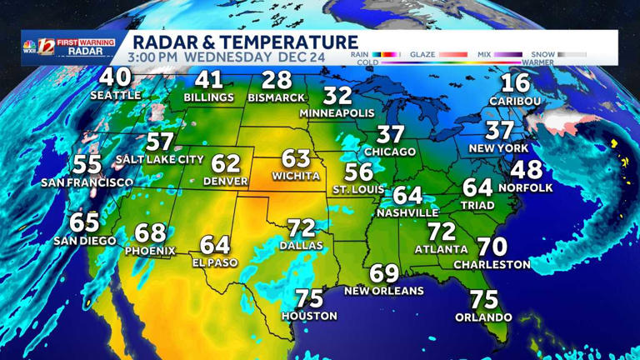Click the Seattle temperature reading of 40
tap(116, 77)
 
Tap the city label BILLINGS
tap(209, 97)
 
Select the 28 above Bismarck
tap(276, 81)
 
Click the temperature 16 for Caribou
tap(516, 83)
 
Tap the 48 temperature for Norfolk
tap(526, 170)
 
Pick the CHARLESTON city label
tap(492, 264)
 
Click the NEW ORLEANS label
tap(384, 291)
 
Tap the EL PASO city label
tap(214, 262)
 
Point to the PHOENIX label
tap(150, 250)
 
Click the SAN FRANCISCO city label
tap(87, 182)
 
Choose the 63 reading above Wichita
tap(296, 158)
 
